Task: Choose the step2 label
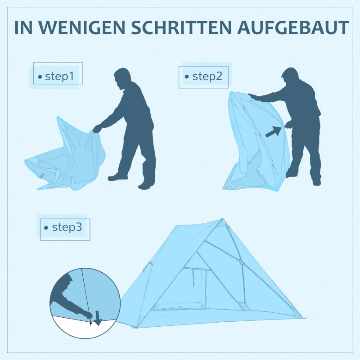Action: pos(207,76)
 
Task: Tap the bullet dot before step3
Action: pos(45,228)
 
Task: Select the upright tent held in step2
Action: pos(254,144)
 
